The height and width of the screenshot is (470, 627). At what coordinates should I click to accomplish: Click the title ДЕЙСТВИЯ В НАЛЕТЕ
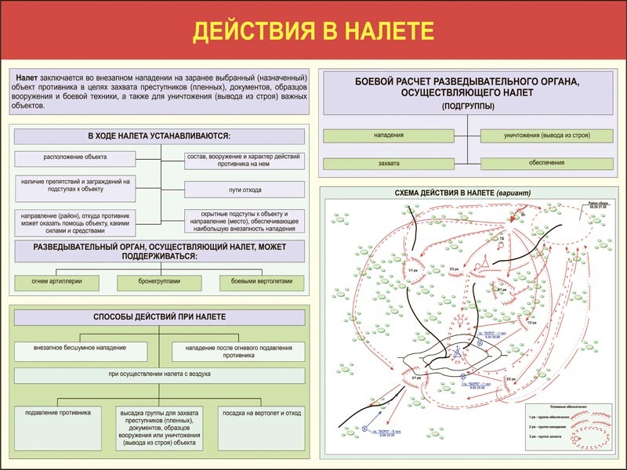(x=313, y=31)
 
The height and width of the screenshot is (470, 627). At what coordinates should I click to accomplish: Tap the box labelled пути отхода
(x=244, y=189)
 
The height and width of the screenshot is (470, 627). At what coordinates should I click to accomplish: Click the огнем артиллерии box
(x=56, y=281)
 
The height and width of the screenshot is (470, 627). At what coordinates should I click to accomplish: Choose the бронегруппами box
(x=159, y=281)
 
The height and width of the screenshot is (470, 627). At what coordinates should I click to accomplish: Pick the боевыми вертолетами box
(x=263, y=281)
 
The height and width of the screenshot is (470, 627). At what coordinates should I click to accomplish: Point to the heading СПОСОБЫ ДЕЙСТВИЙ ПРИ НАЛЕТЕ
(x=159, y=316)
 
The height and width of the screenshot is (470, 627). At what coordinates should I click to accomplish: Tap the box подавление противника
(x=58, y=412)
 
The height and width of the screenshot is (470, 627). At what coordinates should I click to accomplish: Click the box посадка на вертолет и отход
(x=262, y=412)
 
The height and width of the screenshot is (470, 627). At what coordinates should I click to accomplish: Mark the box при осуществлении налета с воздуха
(x=159, y=374)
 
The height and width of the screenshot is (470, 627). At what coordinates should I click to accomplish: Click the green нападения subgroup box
(x=389, y=136)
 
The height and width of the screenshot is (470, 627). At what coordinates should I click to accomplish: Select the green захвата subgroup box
(x=389, y=164)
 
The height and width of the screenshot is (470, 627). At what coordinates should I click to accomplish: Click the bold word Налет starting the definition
(x=27, y=79)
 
